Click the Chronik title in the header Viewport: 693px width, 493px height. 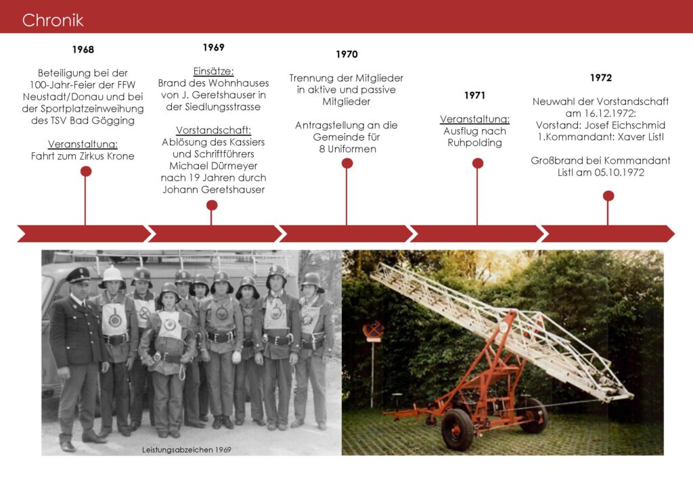pos(53,20)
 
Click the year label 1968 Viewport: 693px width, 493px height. pos(83,49)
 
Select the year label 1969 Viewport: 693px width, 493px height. pos(213,47)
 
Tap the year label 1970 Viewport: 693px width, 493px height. pos(346,54)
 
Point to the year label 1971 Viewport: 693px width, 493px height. pos(474,95)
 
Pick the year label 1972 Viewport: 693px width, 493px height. pos(601,78)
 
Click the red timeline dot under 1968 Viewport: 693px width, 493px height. pos(86,171)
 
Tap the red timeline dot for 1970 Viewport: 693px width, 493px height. pos(347,164)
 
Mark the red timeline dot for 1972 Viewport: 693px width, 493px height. pos(608,195)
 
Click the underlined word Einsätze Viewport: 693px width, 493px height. pos(213,71)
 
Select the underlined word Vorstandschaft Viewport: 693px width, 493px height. pos(213,131)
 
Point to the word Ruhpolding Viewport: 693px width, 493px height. pos(474,143)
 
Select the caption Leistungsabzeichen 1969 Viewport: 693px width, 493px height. pos(187,450)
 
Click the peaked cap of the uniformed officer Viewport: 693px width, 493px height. pos(78,275)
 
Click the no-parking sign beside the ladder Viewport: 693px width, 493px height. pos(374,331)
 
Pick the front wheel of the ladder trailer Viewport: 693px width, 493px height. pos(457,429)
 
